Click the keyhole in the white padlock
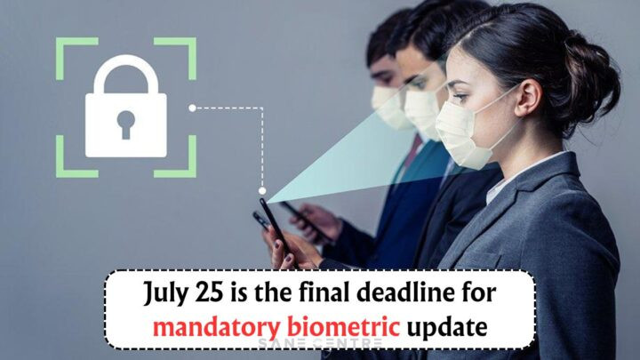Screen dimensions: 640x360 point(125,124)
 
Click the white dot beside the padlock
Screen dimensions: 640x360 point(193,108)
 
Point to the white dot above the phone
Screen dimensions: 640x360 point(262,190)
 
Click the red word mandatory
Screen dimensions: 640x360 point(217,327)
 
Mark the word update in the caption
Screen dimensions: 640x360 point(446,326)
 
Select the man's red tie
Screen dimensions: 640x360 point(412,155)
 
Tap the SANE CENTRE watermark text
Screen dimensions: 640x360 point(320,343)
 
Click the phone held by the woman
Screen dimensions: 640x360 point(276,228)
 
